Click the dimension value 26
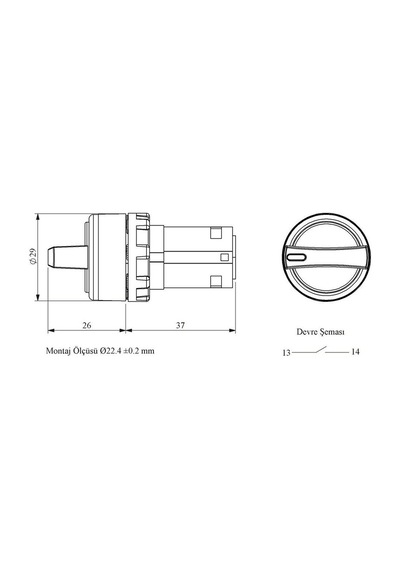coord(87,325)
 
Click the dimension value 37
coord(180,325)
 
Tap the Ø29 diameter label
coord(33,256)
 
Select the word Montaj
coord(57,351)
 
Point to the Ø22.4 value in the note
coord(112,351)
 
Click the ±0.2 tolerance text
coord(132,351)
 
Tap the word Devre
coord(307,332)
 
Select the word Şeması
coord(332,332)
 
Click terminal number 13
coord(287,353)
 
